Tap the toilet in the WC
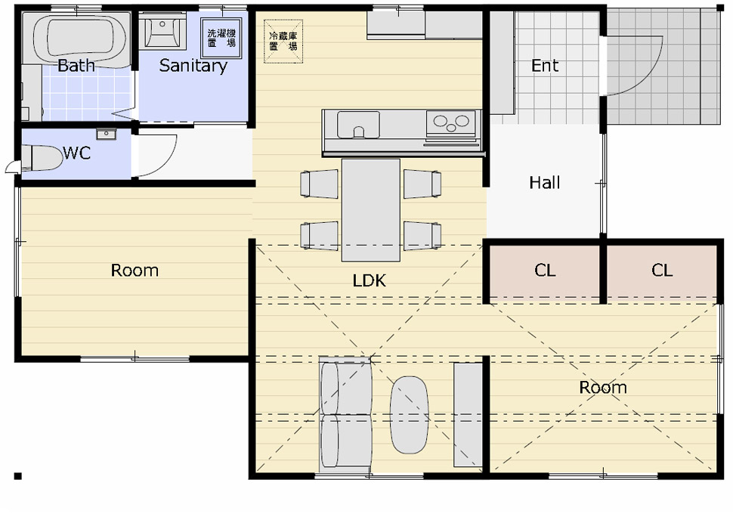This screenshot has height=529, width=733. coord(42,158)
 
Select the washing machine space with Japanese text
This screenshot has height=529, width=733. coord(221,38)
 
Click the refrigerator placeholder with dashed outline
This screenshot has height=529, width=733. coord(283,41)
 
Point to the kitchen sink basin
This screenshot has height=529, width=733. coord(358,125)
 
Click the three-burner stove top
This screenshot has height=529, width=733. coord(451,123)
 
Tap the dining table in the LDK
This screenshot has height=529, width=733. coord(371,210)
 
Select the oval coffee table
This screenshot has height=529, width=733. coord(409,415)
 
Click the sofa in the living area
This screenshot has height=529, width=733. coord(345,414)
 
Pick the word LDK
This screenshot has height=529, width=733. coord(370,280)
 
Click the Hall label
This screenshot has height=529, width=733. coord(545,182)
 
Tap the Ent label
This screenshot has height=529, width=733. coord(545,66)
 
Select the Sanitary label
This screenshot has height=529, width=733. coord(193,66)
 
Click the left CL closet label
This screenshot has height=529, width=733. coord(545,270)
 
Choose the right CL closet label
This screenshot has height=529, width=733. coord(662,270)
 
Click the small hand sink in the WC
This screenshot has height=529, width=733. coord(106,134)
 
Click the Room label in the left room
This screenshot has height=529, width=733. coord(135,270)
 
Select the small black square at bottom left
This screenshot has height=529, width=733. coord(18,476)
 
